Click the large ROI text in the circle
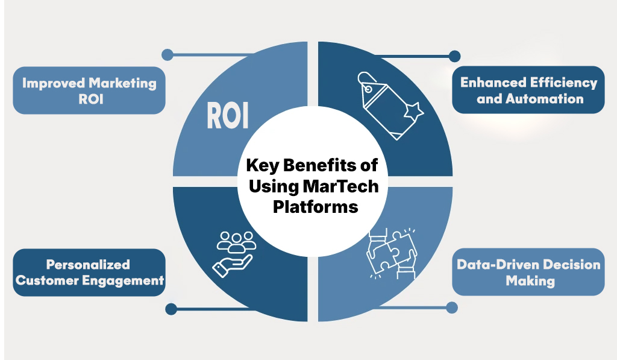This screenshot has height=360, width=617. coord(227,116)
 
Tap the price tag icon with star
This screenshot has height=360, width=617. coord(389,107)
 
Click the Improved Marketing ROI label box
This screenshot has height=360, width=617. coord(89,90)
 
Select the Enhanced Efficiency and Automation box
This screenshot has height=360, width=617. coord(528,90)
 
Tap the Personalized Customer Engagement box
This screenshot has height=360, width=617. coord(89,273)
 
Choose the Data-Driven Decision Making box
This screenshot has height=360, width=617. coord(528,272)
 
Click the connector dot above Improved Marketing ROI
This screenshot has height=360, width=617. coord(168,55)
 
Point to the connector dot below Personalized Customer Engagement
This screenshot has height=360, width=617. coord(171,309)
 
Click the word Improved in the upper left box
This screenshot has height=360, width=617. coord(52,83)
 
